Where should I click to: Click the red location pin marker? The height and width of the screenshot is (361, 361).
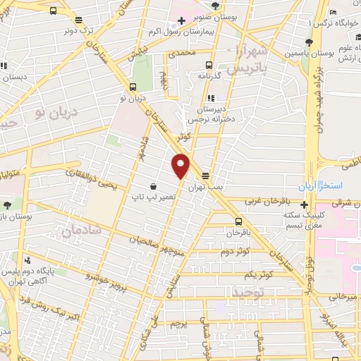[181, 165]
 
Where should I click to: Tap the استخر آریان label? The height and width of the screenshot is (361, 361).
[326, 185]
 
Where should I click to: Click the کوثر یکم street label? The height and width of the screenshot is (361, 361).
[259, 274]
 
